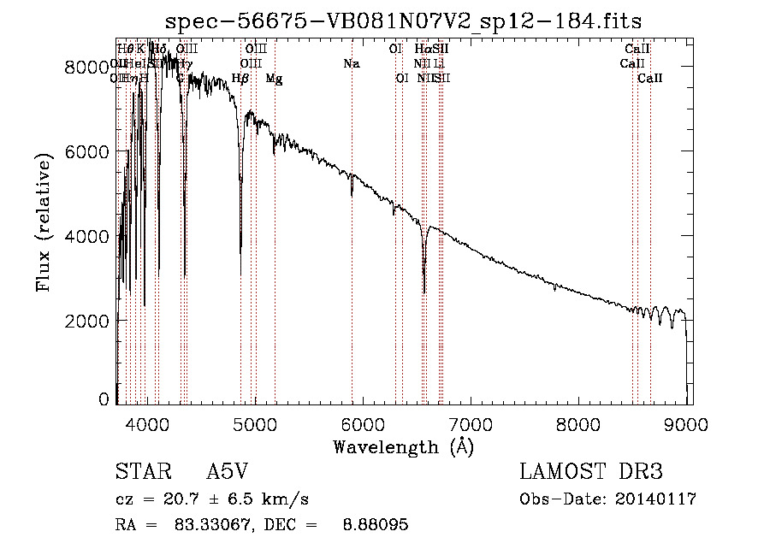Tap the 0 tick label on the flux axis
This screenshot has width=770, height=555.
tap(104, 399)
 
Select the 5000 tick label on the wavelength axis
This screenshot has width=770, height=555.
tap(255, 422)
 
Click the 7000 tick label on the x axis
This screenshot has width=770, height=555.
tap(471, 422)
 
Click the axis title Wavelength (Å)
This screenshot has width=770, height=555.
tap(403, 446)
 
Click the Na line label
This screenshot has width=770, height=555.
tap(352, 63)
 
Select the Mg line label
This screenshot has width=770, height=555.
tap(274, 79)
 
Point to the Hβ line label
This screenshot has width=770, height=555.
tap(240, 79)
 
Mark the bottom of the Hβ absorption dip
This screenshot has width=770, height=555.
tap(240, 273)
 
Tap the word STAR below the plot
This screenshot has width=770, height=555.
tap(139, 472)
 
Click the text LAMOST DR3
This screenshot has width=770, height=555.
tap(590, 472)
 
